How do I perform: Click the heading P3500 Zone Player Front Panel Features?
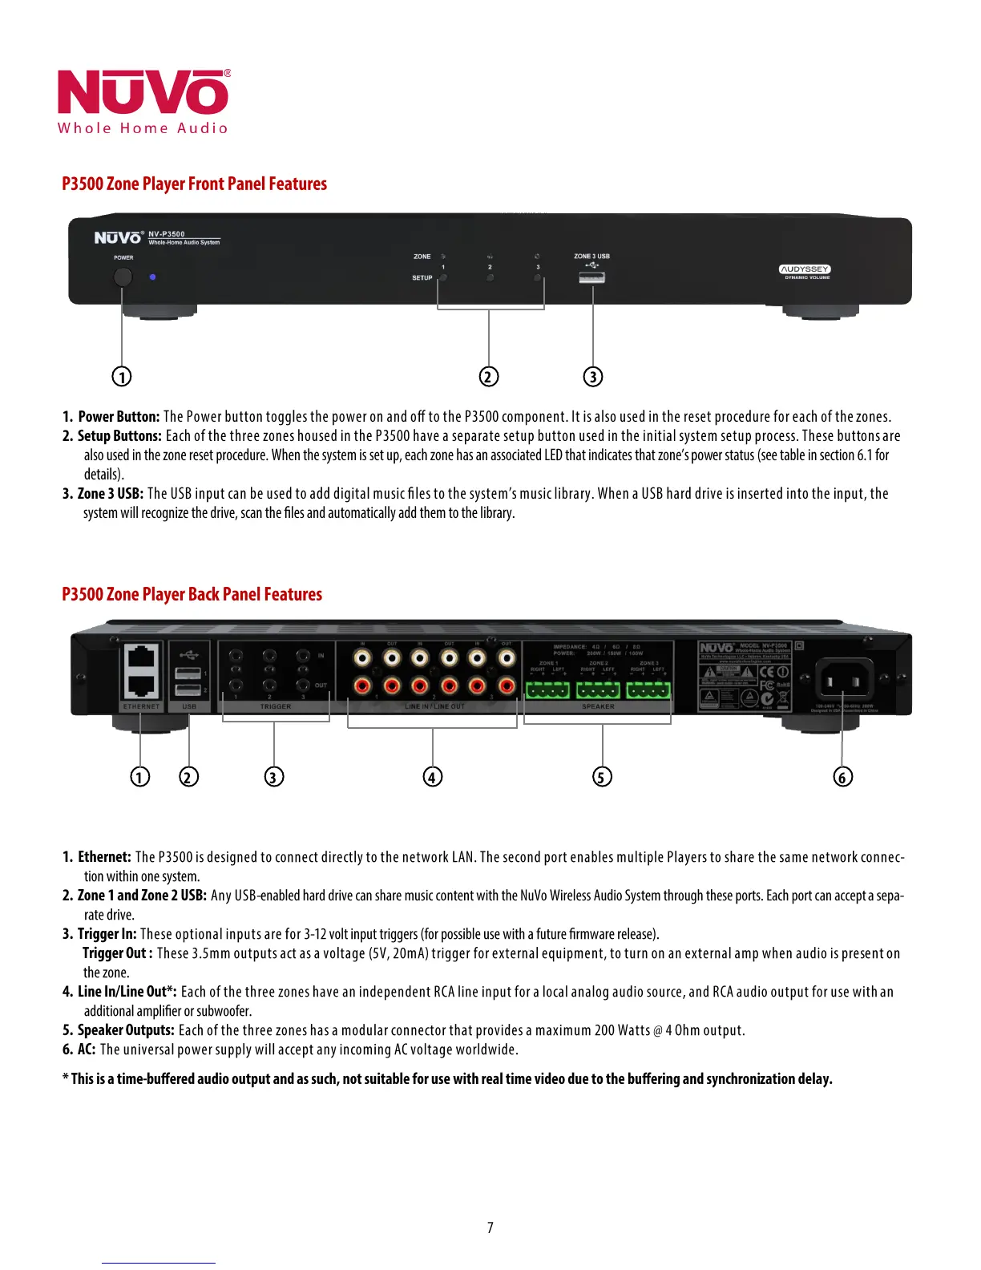coord(194,184)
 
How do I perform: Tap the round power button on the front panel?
coord(123,277)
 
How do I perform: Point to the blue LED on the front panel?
coord(152,277)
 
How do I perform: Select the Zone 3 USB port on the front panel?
coord(591,277)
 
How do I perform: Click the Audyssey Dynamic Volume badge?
coord(805,271)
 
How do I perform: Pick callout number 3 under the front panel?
coord(592,376)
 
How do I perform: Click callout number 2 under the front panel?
coord(489,376)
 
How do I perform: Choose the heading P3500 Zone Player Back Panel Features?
coord(192,594)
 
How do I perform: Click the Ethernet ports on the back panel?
coord(141,670)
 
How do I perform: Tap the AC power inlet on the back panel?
coord(843,681)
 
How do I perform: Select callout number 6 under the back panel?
coord(842,776)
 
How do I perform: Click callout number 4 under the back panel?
coord(433,776)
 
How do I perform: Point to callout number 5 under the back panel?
coord(602,776)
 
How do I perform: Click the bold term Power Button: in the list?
coord(119,416)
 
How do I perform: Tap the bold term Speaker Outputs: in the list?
coord(126,1030)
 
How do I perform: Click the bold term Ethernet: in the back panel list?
coord(104,857)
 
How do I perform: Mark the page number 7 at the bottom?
coord(490,1228)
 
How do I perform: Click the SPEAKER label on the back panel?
coord(598,706)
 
